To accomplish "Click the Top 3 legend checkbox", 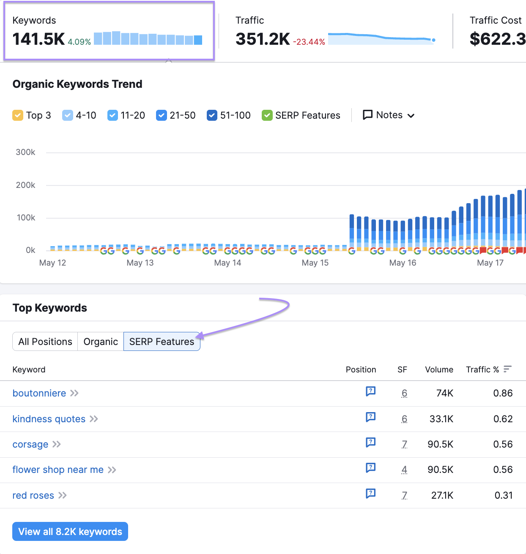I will tap(18, 115).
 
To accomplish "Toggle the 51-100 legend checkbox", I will tap(212, 115).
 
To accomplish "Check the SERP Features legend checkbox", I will tap(267, 115).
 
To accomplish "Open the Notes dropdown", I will tap(389, 115).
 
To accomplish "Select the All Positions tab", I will tap(45, 342).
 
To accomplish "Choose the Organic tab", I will tap(101, 342).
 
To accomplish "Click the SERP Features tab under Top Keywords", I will tap(162, 342).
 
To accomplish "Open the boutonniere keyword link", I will tap(39, 393).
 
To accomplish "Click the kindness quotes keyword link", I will tap(49, 419).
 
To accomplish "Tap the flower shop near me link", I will tap(58, 470).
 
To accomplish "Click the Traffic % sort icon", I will tap(507, 369).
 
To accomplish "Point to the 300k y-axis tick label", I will tap(25, 152).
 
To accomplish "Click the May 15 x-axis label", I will tap(315, 263).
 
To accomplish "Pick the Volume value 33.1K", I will tap(441, 419).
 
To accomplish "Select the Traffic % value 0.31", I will tap(503, 495).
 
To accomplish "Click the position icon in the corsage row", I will tap(370, 443).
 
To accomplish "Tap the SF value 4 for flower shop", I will tap(404, 470).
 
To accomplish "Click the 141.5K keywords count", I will tap(38, 39).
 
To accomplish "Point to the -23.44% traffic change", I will tap(309, 42).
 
